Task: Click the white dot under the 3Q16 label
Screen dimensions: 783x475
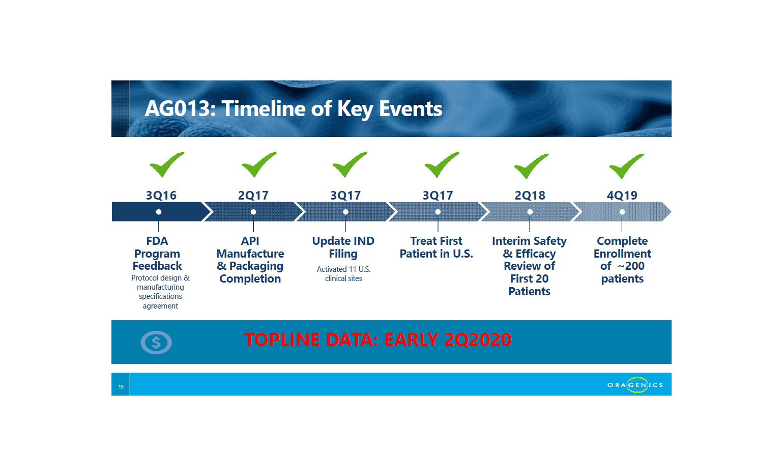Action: point(159,212)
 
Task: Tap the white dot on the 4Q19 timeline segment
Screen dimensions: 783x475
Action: point(622,212)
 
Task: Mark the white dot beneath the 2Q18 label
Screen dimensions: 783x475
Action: point(530,212)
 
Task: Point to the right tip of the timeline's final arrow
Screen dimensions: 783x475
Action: point(671,212)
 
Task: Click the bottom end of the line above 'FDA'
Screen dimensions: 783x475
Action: point(159,232)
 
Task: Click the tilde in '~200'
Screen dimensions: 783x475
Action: point(621,266)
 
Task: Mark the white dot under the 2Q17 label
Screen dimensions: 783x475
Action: point(253,212)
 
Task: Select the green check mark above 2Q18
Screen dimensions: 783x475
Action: point(531,166)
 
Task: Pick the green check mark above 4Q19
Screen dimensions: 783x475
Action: point(626,166)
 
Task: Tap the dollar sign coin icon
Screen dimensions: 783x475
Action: point(156,343)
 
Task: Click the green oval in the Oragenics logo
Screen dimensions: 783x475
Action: point(637,385)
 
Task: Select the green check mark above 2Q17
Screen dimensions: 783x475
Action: point(259,164)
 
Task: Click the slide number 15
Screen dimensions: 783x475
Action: point(121,386)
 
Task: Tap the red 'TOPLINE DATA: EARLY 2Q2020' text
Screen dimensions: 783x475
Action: point(378,340)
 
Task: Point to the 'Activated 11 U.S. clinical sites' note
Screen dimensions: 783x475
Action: point(343,274)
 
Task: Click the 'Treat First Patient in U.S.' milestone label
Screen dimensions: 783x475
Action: point(436,247)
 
